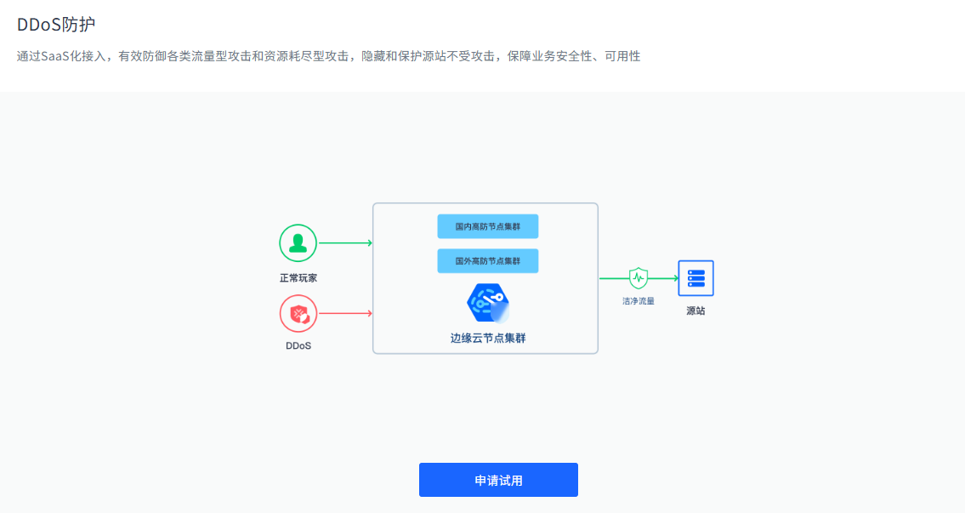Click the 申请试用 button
[x=498, y=480]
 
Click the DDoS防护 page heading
[x=56, y=25]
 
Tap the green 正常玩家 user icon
[x=298, y=243]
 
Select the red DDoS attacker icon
[x=298, y=313]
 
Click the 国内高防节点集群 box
[x=488, y=226]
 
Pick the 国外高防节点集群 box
[x=488, y=261]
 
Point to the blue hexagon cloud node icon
[x=488, y=303]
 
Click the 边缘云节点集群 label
[x=488, y=338]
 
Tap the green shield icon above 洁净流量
[x=639, y=278]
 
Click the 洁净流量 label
[x=639, y=301]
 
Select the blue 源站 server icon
[x=696, y=278]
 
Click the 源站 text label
[x=696, y=311]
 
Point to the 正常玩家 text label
[x=298, y=278]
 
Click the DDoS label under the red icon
[x=298, y=346]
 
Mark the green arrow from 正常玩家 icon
[x=345, y=243]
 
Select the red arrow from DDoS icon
[x=345, y=313]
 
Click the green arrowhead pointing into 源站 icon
[x=676, y=278]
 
